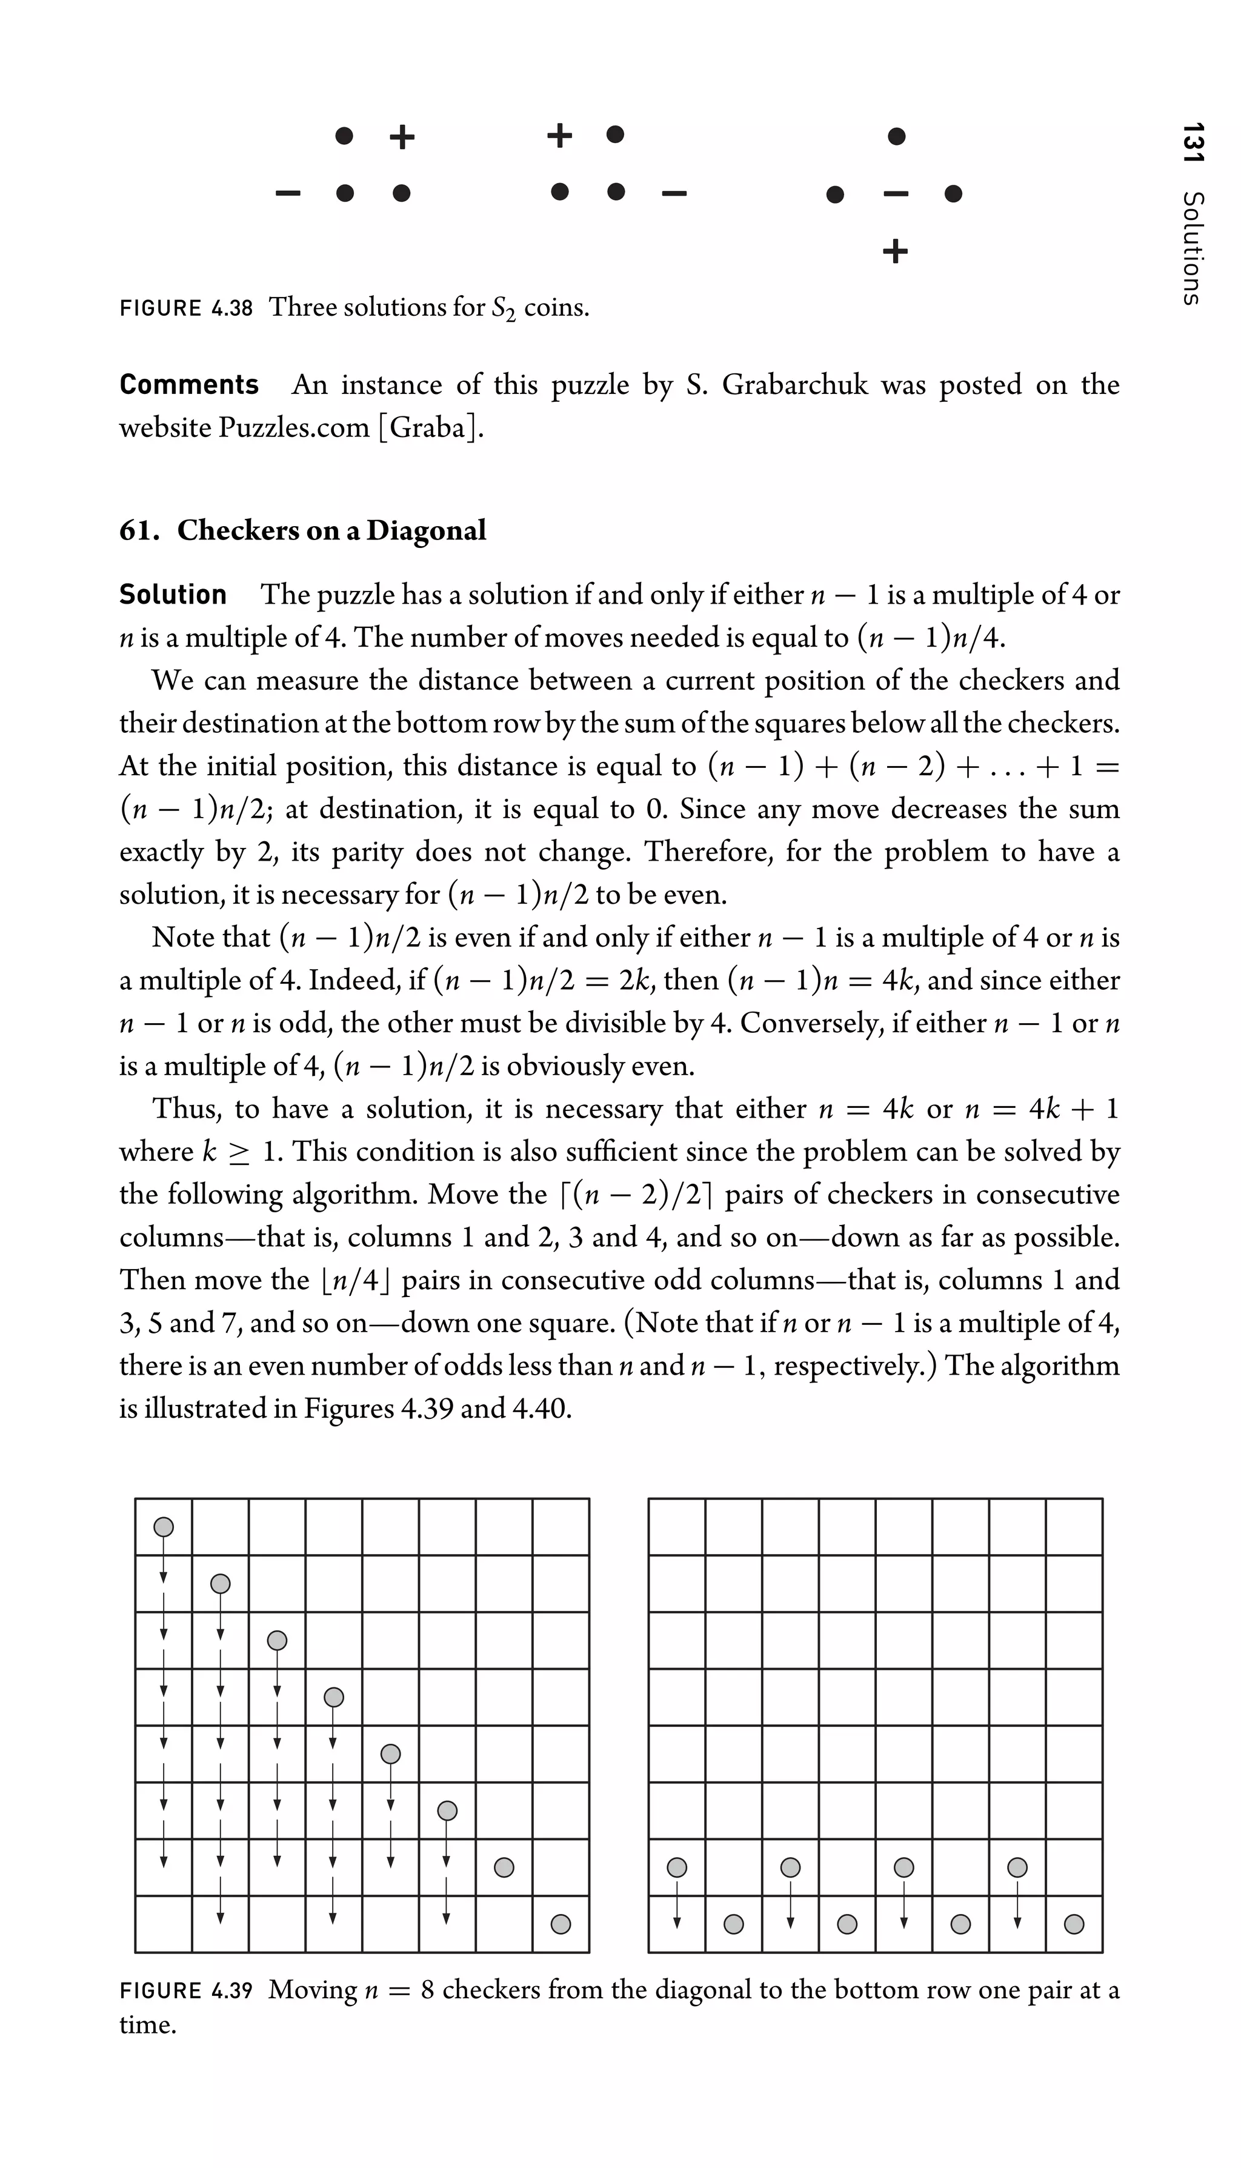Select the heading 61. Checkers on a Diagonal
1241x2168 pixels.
pyautogui.click(x=302, y=530)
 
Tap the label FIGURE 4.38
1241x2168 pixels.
pyautogui.click(x=187, y=308)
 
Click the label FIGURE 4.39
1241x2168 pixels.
pyautogui.click(x=187, y=1990)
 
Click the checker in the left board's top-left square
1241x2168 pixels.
pyautogui.click(x=164, y=1526)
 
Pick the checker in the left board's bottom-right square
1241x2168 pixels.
pyautogui.click(x=561, y=1924)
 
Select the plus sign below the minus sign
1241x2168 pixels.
pyautogui.click(x=895, y=252)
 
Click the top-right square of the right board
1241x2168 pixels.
pyautogui.click(x=1074, y=1526)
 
